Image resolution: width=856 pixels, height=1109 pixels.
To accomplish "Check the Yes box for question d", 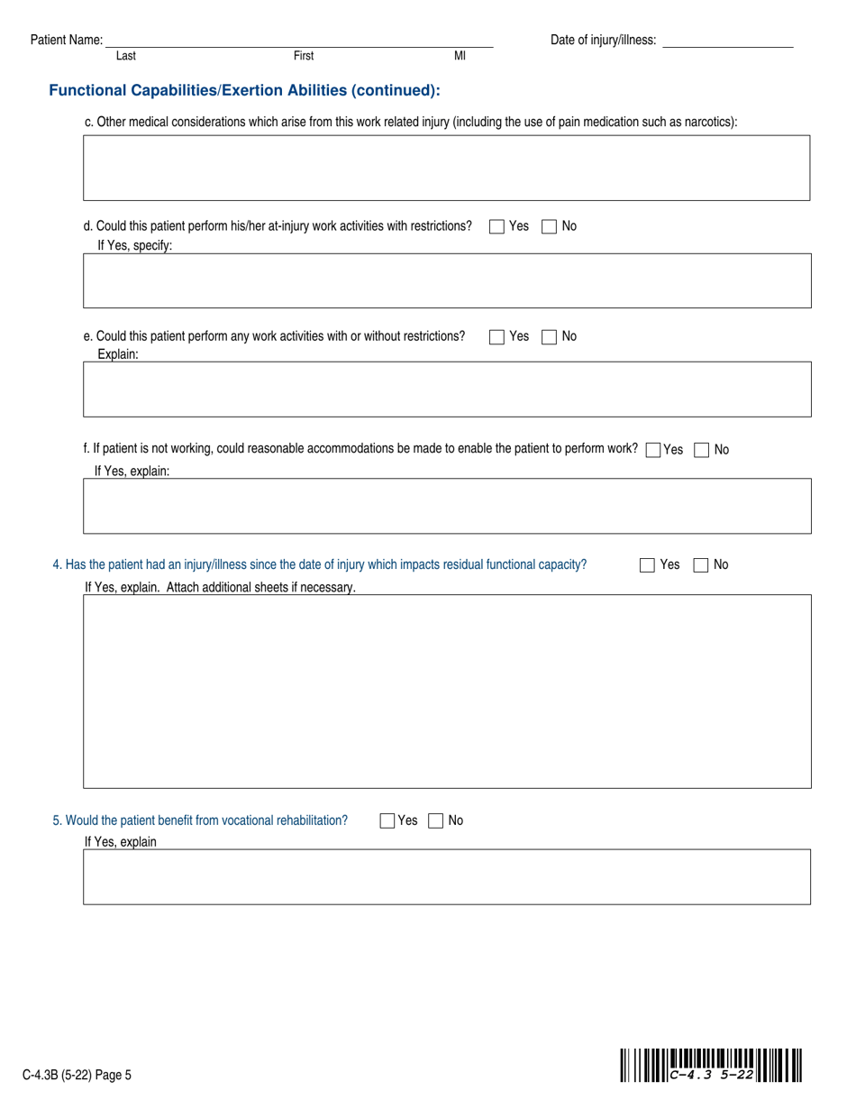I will coord(496,227).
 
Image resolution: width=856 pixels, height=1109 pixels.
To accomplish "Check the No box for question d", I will coord(549,227).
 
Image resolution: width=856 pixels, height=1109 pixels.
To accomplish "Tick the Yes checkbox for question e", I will coord(496,337).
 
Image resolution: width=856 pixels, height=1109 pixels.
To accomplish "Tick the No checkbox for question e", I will coord(549,337).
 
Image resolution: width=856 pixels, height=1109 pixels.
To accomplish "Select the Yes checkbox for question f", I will coord(654,450).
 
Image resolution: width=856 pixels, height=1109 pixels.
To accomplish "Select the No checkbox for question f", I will coord(702,450).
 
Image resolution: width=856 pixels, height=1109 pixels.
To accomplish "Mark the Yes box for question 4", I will coord(647,565).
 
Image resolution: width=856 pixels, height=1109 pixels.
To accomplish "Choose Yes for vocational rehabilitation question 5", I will coord(387,821).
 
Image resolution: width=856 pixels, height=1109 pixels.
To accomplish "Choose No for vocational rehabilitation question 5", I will coord(436,821).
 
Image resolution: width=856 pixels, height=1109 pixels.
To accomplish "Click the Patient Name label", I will coord(67,40).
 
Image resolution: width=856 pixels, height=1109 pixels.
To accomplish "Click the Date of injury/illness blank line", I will coord(727,41).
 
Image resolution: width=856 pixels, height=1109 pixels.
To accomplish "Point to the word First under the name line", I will coord(304,56).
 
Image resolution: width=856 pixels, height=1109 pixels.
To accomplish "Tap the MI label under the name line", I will coord(460,56).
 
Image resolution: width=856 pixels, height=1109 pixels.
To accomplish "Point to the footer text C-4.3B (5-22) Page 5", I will coord(77,1074).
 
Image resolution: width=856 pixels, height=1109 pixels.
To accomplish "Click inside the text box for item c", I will coord(446,168).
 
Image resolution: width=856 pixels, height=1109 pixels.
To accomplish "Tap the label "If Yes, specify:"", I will coord(134,245).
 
